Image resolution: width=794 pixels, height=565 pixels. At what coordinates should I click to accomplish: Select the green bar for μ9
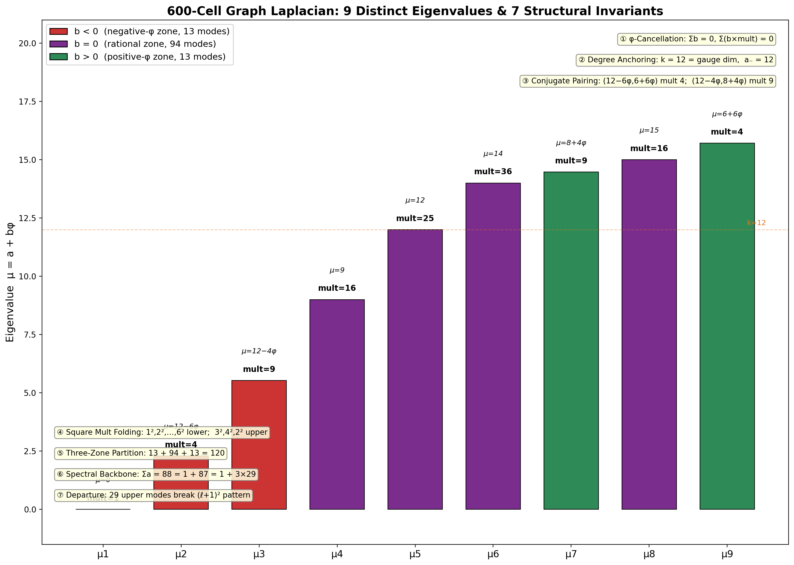(727, 326)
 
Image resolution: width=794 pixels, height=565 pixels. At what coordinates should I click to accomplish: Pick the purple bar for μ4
(337, 404)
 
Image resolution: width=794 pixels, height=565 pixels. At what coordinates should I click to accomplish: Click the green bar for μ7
(571, 340)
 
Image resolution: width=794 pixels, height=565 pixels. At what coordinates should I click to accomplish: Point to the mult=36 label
(493, 171)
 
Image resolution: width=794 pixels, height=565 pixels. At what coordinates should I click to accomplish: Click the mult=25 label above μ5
(415, 219)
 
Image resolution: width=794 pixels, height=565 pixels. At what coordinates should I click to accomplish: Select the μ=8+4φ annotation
(571, 143)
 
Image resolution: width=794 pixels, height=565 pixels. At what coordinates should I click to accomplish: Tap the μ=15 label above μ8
(649, 131)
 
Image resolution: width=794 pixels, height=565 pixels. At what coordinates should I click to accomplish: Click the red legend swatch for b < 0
(59, 32)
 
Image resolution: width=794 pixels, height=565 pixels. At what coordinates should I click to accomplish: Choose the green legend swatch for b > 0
(59, 57)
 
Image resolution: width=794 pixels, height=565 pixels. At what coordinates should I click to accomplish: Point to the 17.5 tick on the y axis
(27, 102)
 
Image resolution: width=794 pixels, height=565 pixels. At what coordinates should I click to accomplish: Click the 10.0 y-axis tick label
(27, 276)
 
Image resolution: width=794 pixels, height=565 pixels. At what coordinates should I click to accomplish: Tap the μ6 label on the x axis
(493, 554)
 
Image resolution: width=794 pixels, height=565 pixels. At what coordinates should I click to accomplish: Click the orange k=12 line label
(756, 223)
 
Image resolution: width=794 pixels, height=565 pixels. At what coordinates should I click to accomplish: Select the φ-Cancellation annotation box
(696, 39)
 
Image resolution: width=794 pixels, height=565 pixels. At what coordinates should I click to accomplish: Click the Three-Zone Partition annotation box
(141, 453)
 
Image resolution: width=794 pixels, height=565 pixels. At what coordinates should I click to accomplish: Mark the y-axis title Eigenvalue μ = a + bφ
(10, 282)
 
